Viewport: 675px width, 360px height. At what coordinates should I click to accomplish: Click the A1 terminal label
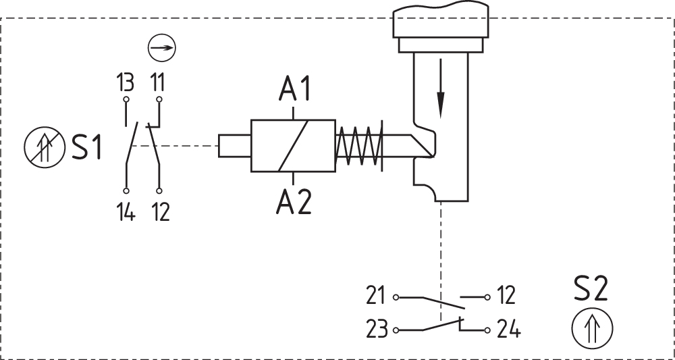[x=294, y=89]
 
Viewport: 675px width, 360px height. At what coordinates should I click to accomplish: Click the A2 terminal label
[x=294, y=202]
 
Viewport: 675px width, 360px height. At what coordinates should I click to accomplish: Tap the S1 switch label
[x=87, y=147]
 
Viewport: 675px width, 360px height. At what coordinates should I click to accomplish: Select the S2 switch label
[x=591, y=289]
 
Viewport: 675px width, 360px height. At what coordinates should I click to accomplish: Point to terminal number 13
[x=126, y=82]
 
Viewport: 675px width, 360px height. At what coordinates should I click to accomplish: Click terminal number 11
[x=158, y=82]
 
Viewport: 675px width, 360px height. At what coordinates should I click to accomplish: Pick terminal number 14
[x=126, y=212]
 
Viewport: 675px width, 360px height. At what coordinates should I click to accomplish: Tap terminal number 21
[x=376, y=296]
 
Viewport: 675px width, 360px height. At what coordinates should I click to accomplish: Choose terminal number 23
[x=377, y=330]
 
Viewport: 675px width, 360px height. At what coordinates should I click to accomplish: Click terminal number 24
[x=508, y=330]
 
